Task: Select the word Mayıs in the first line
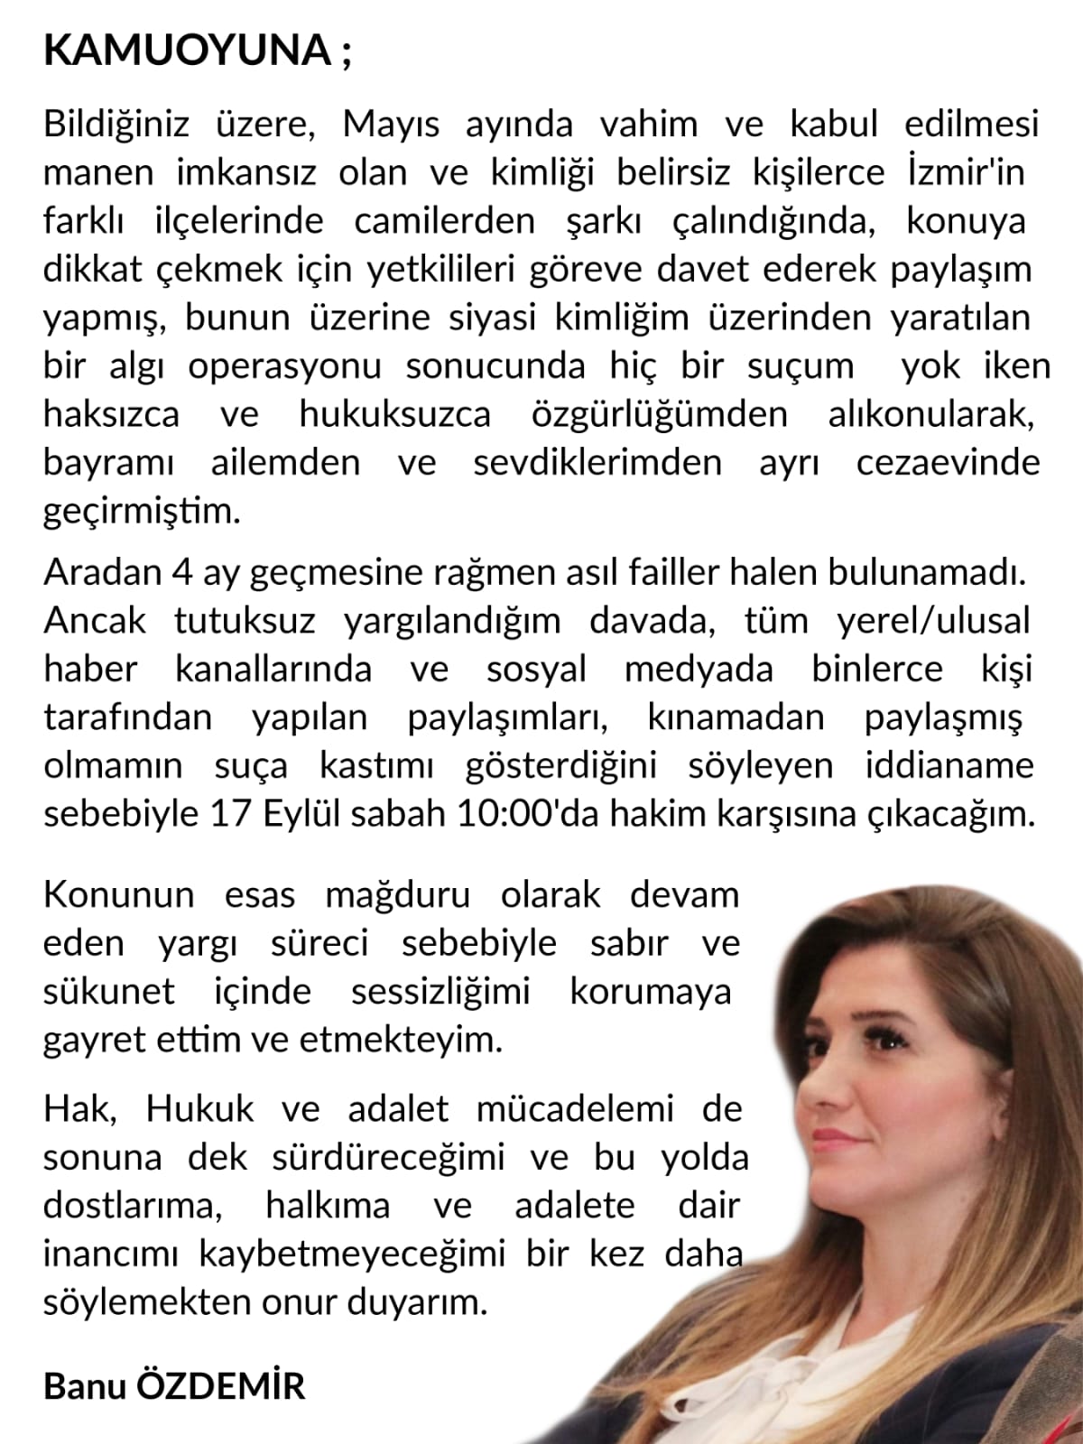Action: [x=391, y=125]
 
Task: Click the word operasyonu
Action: [x=284, y=366]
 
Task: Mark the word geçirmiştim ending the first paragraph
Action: [x=143, y=512]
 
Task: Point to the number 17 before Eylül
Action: [x=231, y=814]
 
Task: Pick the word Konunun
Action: [x=118, y=895]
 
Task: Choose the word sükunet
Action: [x=109, y=992]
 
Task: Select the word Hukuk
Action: [x=200, y=1109]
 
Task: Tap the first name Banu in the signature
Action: [x=82, y=1386]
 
